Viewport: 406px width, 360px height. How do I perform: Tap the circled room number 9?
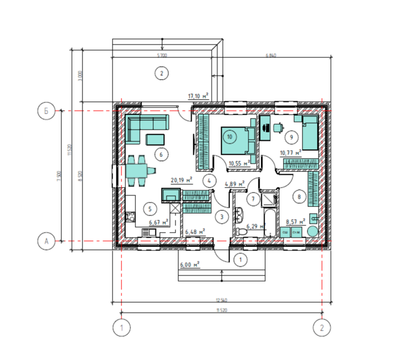(x=290, y=136)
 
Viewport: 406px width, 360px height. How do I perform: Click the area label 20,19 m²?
(x=181, y=180)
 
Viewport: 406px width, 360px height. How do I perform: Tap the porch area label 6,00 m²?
(x=189, y=265)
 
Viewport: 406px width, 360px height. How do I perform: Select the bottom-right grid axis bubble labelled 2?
(x=321, y=328)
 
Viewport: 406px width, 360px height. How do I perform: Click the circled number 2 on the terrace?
(x=161, y=73)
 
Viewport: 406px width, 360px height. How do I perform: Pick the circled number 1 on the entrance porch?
(x=241, y=259)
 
